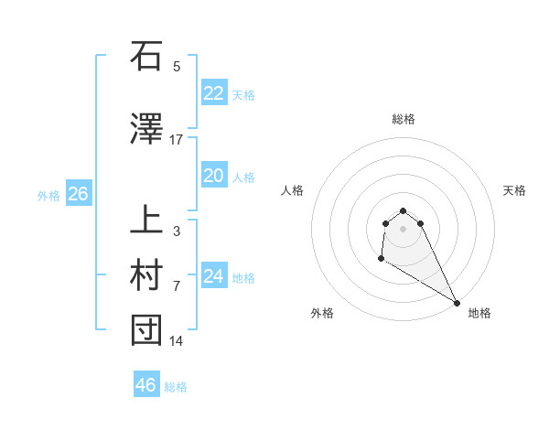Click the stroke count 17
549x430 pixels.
click(x=177, y=140)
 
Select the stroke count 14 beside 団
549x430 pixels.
click(x=177, y=341)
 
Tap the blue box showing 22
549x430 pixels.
click(x=213, y=92)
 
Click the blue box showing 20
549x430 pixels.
click(x=213, y=176)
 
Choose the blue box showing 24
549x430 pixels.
click(x=213, y=276)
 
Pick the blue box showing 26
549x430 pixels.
click(x=78, y=194)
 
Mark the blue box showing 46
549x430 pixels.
click(x=145, y=385)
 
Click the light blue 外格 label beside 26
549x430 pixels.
click(x=48, y=196)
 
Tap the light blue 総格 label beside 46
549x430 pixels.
click(x=176, y=387)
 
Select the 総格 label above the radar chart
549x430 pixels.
click(x=403, y=119)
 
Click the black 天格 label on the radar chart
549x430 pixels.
click(x=515, y=190)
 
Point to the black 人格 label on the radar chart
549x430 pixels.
click(x=292, y=190)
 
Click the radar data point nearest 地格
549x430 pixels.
click(x=457, y=303)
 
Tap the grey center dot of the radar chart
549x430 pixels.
click(x=403, y=229)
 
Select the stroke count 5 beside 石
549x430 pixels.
click(x=177, y=67)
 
